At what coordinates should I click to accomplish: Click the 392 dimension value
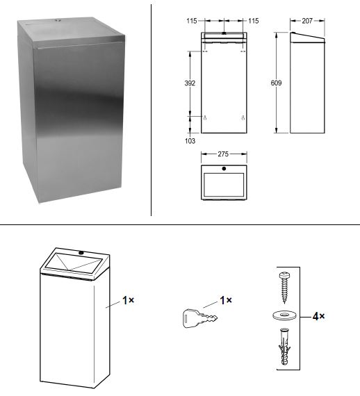(x=190, y=83)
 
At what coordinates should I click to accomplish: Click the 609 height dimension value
(x=276, y=83)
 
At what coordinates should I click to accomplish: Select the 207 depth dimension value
(x=307, y=21)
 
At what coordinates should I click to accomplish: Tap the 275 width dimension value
(x=223, y=154)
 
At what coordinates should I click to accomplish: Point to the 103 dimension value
(x=190, y=141)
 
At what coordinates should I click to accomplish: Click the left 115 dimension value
(x=192, y=21)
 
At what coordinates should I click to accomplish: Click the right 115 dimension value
(x=254, y=21)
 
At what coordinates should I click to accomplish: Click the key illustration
(x=199, y=318)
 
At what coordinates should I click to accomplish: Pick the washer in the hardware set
(x=284, y=315)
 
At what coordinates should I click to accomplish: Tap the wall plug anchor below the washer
(x=284, y=347)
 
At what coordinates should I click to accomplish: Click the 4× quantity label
(x=318, y=316)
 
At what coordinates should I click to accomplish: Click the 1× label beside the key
(x=226, y=300)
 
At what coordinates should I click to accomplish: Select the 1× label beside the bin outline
(x=129, y=300)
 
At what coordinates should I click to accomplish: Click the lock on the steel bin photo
(x=58, y=20)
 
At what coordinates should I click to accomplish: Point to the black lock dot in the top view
(x=224, y=169)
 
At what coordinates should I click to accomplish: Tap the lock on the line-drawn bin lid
(x=81, y=252)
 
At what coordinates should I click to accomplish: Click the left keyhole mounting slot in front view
(x=205, y=117)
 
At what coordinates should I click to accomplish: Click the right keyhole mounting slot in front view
(x=243, y=117)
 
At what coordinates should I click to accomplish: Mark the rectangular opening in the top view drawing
(x=224, y=184)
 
